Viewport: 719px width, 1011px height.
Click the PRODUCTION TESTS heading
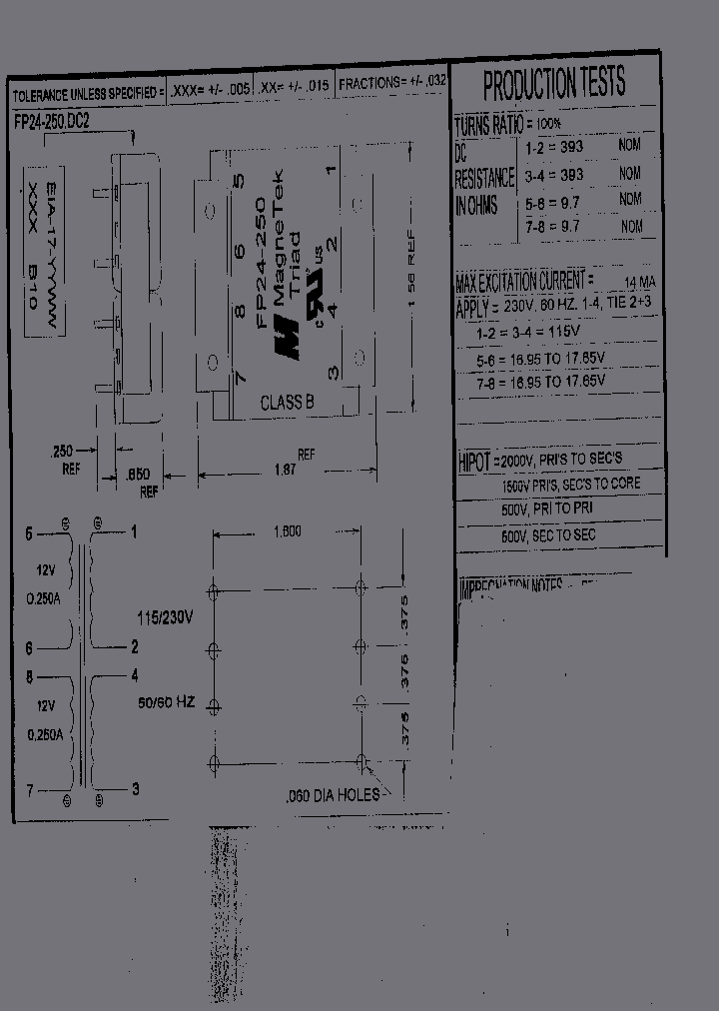554,85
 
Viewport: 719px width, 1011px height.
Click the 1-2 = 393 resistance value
555,146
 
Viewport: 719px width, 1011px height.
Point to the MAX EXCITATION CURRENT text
524,281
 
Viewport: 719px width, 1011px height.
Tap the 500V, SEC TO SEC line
548,536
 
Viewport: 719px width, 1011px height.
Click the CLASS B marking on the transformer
287,403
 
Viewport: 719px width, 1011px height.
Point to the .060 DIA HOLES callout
331,795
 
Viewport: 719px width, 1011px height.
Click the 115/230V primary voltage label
165,617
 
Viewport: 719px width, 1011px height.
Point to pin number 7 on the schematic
30,790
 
